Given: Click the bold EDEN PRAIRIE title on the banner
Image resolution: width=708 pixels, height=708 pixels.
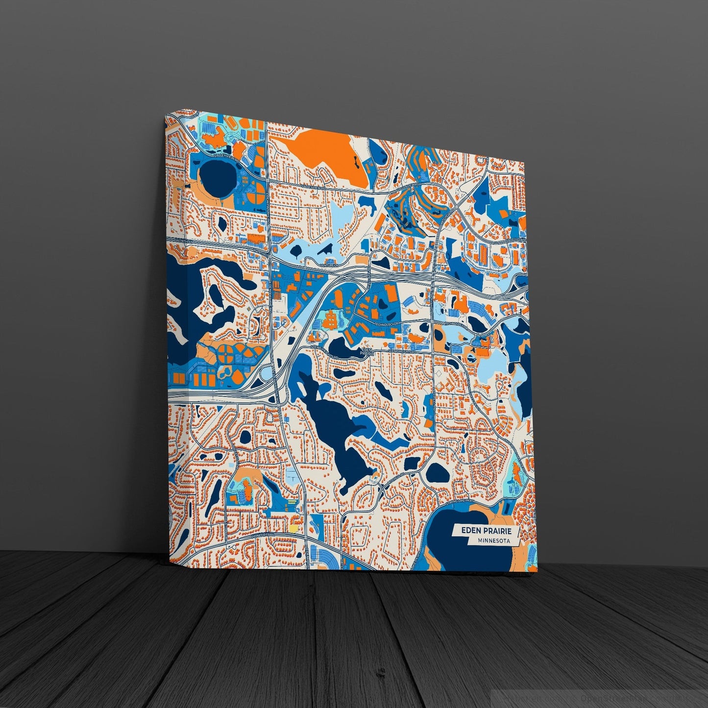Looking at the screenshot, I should (483, 531).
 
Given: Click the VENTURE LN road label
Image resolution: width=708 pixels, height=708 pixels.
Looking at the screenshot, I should (330, 265).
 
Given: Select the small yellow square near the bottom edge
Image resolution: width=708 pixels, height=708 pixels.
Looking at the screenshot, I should (293, 529).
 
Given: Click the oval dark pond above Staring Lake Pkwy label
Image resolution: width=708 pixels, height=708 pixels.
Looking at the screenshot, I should (437, 472).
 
